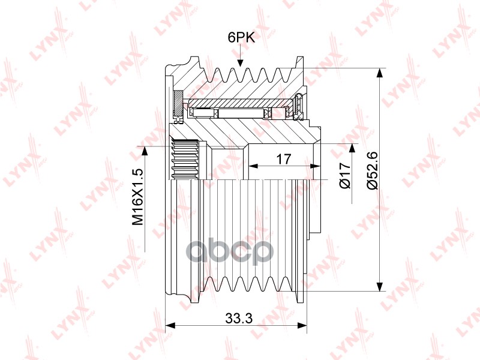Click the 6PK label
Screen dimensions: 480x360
(241, 37)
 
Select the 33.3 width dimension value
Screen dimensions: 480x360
(239, 319)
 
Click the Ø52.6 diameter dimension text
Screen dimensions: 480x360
(373, 170)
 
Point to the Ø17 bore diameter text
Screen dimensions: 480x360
(344, 175)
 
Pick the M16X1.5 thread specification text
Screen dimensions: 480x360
(138, 197)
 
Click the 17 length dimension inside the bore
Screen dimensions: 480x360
(283, 159)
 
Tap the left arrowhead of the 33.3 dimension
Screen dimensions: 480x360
(170, 325)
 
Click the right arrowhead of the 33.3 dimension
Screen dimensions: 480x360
(302, 325)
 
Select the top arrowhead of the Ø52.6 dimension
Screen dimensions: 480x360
(379, 73)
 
